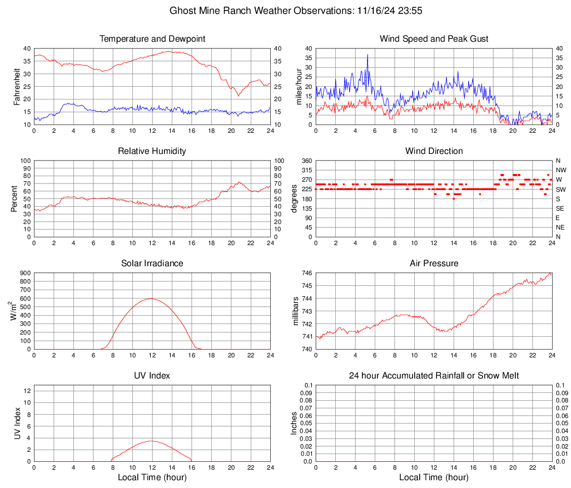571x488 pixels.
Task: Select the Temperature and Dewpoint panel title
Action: (x=152, y=39)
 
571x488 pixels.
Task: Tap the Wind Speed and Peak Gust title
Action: (x=434, y=39)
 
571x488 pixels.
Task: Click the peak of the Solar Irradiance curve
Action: (x=151, y=298)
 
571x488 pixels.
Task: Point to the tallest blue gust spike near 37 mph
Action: (x=368, y=54)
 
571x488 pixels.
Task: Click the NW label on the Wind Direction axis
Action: (x=560, y=170)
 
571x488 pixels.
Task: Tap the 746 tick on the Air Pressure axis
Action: (x=307, y=273)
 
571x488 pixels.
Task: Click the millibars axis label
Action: (x=296, y=311)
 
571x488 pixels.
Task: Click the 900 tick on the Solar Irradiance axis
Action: (x=25, y=273)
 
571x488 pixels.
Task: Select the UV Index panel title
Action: (x=152, y=376)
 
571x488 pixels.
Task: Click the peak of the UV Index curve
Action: (x=151, y=441)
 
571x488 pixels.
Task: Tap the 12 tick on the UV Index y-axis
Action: (x=27, y=391)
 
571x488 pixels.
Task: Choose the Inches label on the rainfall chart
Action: (x=295, y=423)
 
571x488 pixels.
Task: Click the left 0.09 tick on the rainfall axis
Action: (x=305, y=392)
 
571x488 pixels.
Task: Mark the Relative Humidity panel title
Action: (x=152, y=151)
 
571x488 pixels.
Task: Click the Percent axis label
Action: (x=14, y=198)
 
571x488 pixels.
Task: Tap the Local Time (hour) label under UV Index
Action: (x=152, y=477)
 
